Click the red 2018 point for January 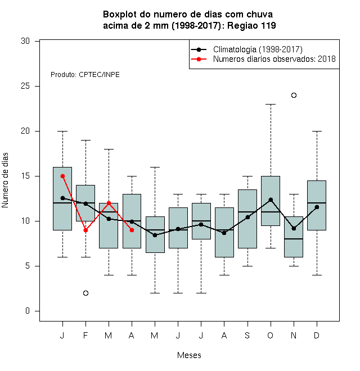pos(62,176)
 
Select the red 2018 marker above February pos(85,230)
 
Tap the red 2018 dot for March pos(109,203)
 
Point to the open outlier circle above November pos(294,95)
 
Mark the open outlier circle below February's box pos(85,293)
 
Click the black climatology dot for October pos(271,200)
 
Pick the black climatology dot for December pos(317,207)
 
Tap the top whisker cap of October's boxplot pos(271,104)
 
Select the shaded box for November pos(294,237)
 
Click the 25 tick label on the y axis pos(25,86)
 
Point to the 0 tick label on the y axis pos(28,311)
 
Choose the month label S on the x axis pos(247,335)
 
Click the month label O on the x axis pos(270,335)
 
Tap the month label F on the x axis pos(85,335)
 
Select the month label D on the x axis pos(317,335)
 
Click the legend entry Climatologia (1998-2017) pos(247,49)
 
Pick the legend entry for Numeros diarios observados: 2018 pos(263,59)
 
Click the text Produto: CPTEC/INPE pos(85,75)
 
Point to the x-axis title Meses pos(189,355)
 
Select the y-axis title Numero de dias pos(5,180)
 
